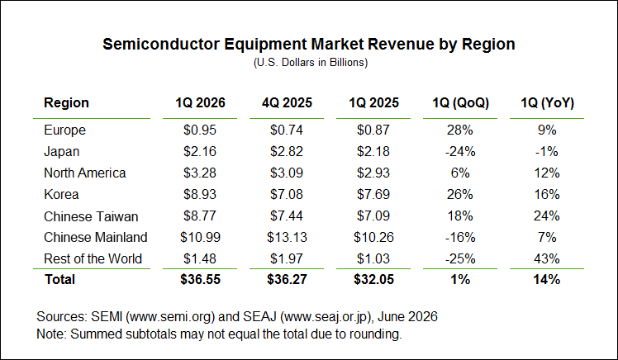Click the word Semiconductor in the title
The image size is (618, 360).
(161, 44)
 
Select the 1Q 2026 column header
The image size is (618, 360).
(200, 103)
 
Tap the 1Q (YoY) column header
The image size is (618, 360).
(547, 103)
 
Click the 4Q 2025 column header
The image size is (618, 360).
(287, 103)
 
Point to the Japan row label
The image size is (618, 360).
(61, 152)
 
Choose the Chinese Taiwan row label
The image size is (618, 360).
(91, 216)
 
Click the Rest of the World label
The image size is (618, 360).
(93, 258)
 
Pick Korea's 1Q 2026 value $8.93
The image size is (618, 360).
(200, 194)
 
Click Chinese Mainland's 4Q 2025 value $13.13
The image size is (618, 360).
(287, 237)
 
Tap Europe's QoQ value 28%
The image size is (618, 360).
(460, 130)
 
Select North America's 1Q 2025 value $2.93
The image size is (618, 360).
(373, 173)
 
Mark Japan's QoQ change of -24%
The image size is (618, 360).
(460, 152)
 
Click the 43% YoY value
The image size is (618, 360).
(547, 258)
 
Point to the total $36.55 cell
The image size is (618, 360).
(200, 279)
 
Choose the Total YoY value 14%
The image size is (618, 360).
(547, 279)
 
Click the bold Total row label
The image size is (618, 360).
(60, 279)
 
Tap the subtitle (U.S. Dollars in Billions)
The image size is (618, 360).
(311, 63)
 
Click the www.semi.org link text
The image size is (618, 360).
(173, 317)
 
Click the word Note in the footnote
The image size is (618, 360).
(50, 334)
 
